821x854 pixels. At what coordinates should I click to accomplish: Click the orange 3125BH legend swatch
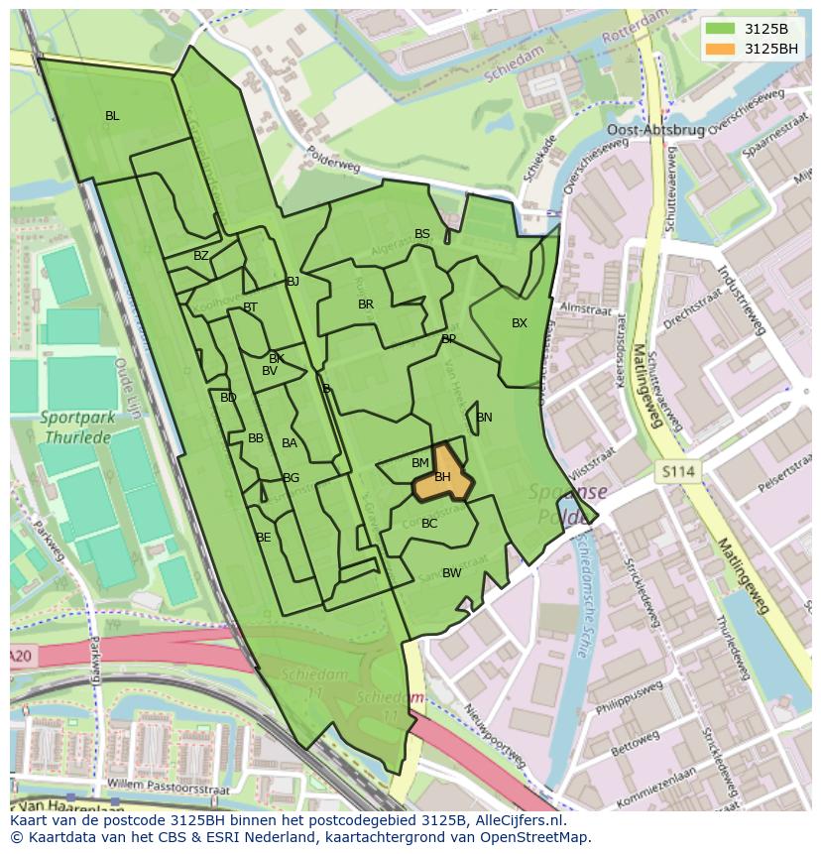pos(721,49)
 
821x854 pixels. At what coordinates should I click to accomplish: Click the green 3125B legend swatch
pos(721,29)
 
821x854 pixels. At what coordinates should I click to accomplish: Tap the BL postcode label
pos(112,116)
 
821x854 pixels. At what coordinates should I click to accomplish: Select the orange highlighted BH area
pos(442,476)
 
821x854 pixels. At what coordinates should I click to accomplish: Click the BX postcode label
pos(520,323)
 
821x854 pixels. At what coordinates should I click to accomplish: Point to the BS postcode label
pos(422,234)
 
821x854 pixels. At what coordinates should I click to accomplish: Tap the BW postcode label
pos(451,573)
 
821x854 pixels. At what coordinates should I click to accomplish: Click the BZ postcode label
pos(201,256)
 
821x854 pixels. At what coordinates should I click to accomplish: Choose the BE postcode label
pos(263,538)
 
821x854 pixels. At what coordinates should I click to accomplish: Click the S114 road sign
pos(678,472)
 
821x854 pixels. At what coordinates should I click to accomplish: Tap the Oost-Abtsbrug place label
pos(654,130)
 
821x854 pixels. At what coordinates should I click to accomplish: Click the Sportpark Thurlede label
pos(77,427)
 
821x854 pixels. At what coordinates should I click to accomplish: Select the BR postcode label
pos(366,305)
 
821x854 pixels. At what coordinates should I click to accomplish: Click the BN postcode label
pos(484,418)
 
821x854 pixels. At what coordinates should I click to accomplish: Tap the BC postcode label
pos(429,524)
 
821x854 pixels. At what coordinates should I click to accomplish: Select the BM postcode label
pos(420,463)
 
